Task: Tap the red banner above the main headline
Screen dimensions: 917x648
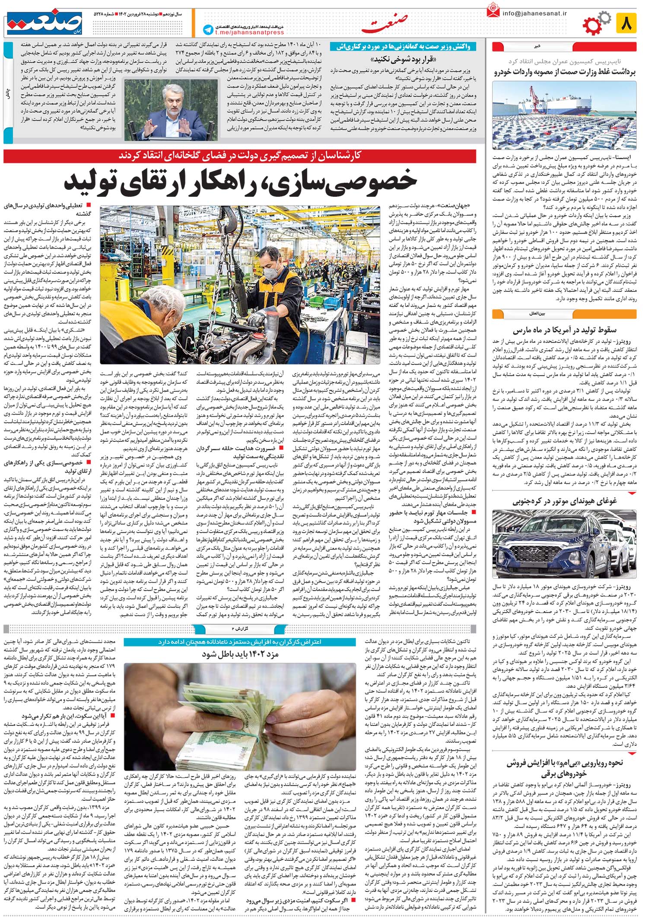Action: pyautogui.click(x=240, y=156)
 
